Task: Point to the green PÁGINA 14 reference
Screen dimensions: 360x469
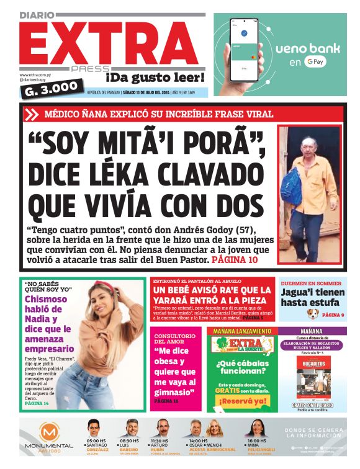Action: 37,403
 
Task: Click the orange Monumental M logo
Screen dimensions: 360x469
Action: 48,433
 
